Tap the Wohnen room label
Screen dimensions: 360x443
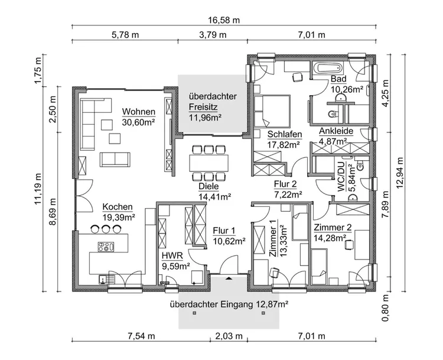[139, 112]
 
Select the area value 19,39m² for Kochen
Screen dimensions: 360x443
[119, 217]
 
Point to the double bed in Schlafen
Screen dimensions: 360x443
[272, 109]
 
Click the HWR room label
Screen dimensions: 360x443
[171, 256]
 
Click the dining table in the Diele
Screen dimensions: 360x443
[208, 161]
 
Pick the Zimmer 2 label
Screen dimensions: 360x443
[333, 228]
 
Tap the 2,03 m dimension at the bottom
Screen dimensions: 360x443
[227, 337]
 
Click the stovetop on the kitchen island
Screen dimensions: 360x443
[106, 247]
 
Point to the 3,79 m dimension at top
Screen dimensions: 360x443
[213, 35]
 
